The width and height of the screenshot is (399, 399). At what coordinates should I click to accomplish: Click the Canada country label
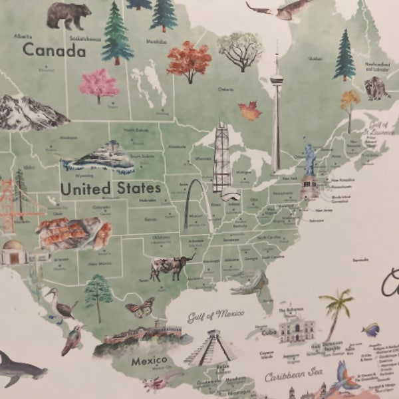54,50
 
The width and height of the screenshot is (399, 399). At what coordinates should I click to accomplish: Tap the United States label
110,188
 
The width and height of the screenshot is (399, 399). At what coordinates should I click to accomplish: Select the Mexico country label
148,361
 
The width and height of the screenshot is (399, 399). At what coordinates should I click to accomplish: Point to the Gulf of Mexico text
215,315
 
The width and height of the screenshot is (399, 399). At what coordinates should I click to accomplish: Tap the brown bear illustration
68,15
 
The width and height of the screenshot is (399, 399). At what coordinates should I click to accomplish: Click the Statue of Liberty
309,163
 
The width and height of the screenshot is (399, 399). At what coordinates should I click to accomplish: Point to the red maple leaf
250,110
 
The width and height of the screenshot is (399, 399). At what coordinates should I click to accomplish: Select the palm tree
337,313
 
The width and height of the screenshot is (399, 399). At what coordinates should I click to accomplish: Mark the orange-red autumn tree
189,61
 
